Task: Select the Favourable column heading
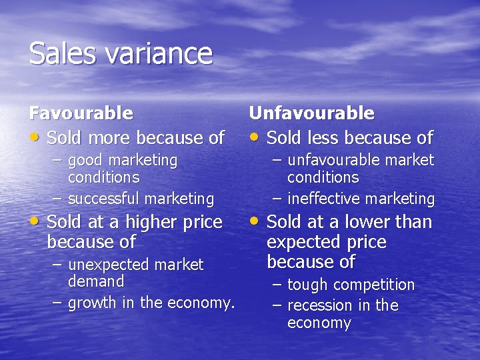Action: [x=81, y=114]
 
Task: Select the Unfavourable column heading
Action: [x=311, y=114]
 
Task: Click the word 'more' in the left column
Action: [x=109, y=139]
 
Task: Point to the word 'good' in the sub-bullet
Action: [x=85, y=161]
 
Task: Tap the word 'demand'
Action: [x=96, y=281]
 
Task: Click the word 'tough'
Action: [x=307, y=285]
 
